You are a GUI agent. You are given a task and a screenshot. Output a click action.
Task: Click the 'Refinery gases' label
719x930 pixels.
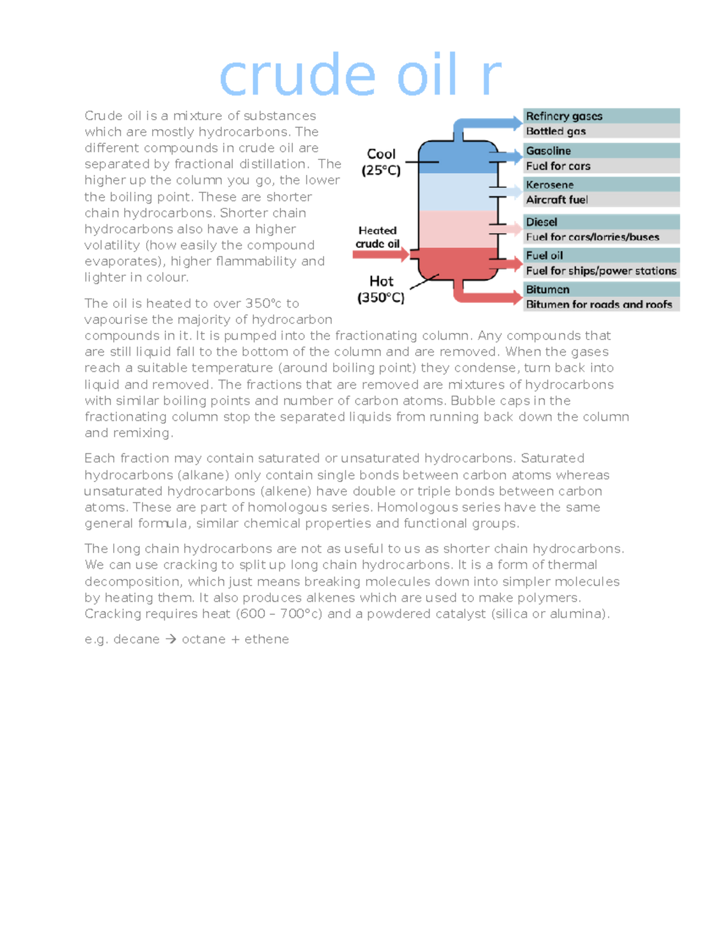(x=564, y=116)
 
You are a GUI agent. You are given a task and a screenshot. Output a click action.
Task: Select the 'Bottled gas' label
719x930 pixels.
(x=555, y=131)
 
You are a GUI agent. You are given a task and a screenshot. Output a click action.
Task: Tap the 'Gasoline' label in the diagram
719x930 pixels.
(x=548, y=151)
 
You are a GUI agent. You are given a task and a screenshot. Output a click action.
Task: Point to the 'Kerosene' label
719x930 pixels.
(x=549, y=184)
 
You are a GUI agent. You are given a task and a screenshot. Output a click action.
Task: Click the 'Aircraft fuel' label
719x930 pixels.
(x=557, y=200)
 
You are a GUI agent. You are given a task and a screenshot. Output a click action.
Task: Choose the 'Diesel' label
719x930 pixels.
(x=541, y=222)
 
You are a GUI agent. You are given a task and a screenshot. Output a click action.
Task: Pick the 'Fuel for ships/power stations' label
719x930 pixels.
(x=600, y=271)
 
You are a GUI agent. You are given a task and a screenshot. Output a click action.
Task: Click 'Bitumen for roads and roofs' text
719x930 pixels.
(x=599, y=304)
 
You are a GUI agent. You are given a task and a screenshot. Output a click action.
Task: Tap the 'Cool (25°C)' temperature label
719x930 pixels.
(x=381, y=162)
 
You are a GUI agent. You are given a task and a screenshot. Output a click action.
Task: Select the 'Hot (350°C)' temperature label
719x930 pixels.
(x=381, y=289)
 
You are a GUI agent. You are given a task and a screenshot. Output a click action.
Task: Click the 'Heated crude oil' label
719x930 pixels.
(x=377, y=237)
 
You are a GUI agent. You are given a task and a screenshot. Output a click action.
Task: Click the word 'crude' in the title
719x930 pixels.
(x=297, y=76)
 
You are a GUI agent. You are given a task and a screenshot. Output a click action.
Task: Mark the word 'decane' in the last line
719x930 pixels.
(x=137, y=640)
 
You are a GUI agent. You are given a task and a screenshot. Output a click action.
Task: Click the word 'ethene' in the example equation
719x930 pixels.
(x=267, y=640)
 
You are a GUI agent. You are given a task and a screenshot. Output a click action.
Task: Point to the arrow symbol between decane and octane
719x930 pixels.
(x=171, y=640)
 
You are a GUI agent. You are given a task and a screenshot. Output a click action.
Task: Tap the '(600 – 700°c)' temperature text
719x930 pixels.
(x=279, y=614)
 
